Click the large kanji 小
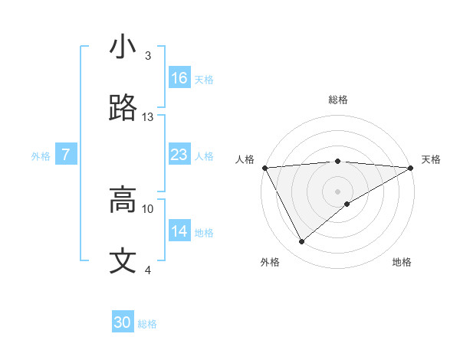(123, 47)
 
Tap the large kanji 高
(123, 200)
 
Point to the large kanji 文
(123, 261)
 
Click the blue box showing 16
(179, 78)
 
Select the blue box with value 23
(179, 155)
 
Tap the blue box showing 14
(179, 231)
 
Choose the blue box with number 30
(123, 323)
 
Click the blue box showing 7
(66, 155)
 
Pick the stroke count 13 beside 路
(148, 117)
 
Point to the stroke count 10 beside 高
(148, 208)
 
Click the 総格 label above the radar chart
(338, 100)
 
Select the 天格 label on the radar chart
(431, 159)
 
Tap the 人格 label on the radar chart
(245, 159)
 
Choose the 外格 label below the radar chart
(270, 263)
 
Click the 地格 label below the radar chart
(402, 263)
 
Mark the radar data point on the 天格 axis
(411, 167)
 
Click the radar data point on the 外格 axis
(301, 242)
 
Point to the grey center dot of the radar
(338, 191)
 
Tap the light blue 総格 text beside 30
(147, 324)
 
